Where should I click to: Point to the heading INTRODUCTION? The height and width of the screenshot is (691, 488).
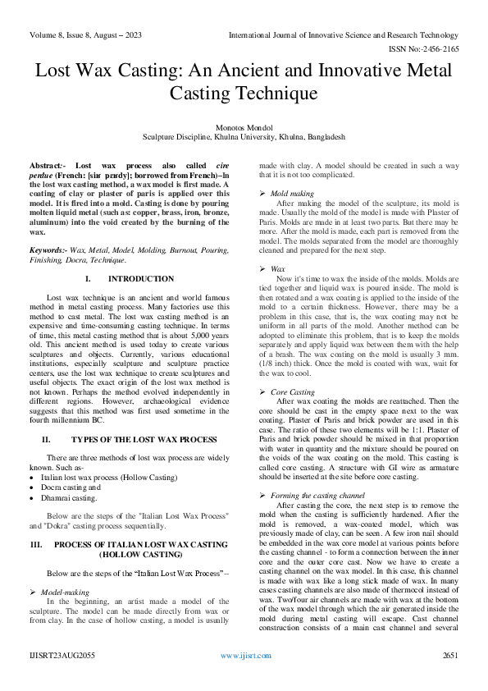(x=140, y=280)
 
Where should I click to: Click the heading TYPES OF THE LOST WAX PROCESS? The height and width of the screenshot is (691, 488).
(x=141, y=440)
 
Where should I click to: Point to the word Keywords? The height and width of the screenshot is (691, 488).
(x=48, y=248)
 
